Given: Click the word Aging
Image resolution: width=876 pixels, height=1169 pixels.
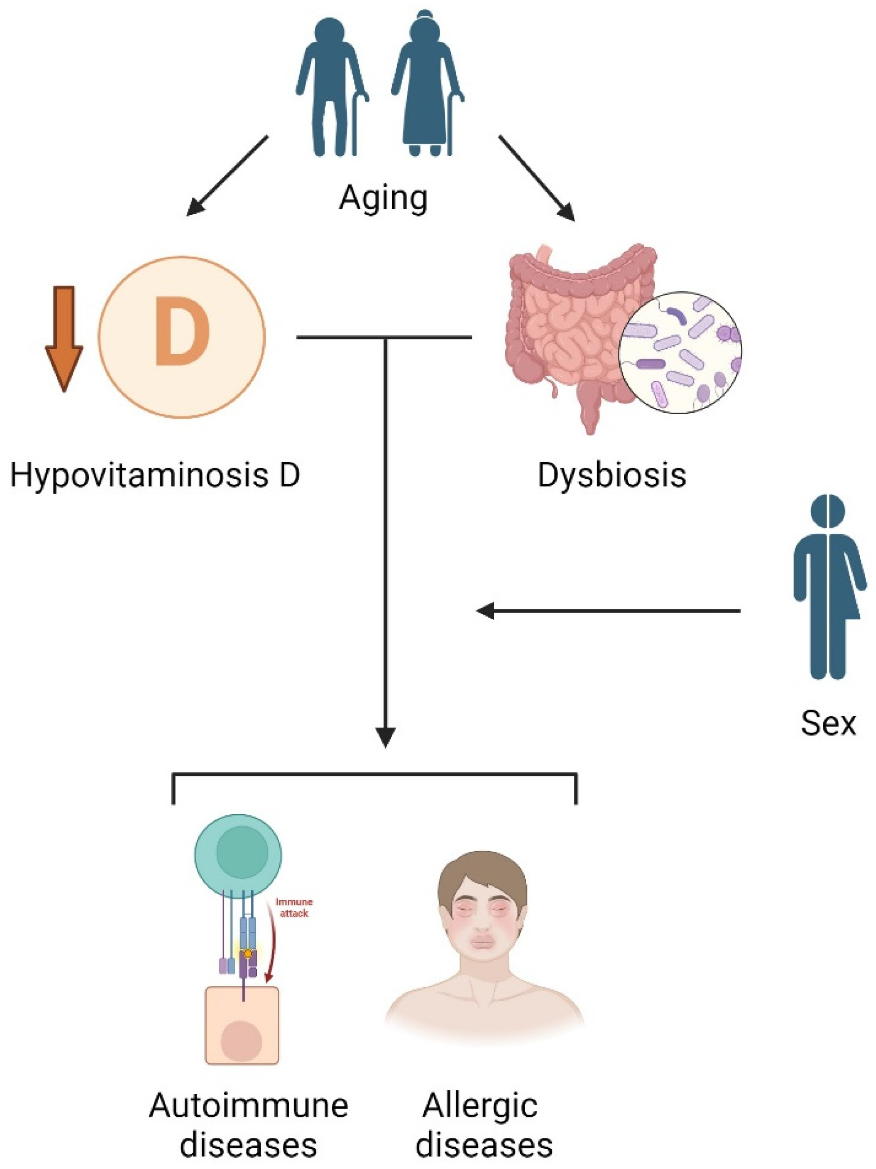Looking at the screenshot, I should pyautogui.click(x=383, y=199).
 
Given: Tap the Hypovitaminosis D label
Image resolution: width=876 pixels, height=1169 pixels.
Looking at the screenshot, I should pyautogui.click(x=155, y=475).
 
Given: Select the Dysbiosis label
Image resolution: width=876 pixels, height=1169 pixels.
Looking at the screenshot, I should pyautogui.click(x=612, y=475).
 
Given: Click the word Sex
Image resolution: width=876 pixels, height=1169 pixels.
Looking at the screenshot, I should pyautogui.click(x=828, y=722).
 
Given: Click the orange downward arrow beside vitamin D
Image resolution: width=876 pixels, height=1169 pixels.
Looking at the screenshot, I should pyautogui.click(x=64, y=338).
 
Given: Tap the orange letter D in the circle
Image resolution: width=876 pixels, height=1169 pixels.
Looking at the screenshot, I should pyautogui.click(x=182, y=332).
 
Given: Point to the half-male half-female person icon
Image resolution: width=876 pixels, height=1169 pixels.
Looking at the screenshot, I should pyautogui.click(x=828, y=587).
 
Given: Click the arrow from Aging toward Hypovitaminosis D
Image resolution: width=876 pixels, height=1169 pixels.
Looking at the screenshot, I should pyautogui.click(x=227, y=176).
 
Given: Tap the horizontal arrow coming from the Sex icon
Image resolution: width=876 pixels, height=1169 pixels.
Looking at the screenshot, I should pyautogui.click(x=608, y=611).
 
